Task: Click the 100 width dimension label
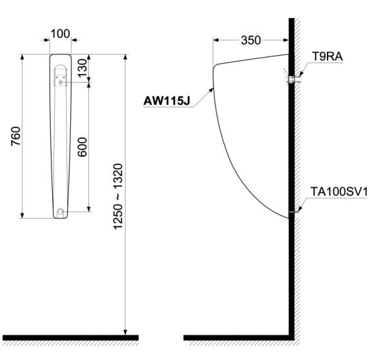[60, 33]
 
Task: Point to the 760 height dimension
[16, 137]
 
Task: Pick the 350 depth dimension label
[251, 40]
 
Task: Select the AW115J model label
[167, 100]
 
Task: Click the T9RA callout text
[327, 57]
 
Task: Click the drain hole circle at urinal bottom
[60, 211]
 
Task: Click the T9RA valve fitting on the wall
[290, 79]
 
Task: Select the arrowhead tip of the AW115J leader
[214, 89]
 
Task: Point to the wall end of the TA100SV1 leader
[293, 211]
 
